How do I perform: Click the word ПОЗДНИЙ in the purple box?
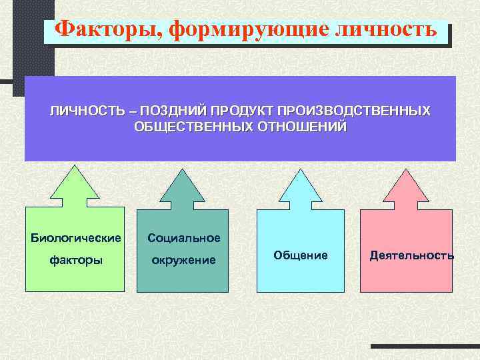169,110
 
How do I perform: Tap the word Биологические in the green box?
76,237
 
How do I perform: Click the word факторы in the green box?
76,260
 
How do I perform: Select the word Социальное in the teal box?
184,238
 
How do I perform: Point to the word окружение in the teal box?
184,260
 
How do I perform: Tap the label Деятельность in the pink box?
412,255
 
